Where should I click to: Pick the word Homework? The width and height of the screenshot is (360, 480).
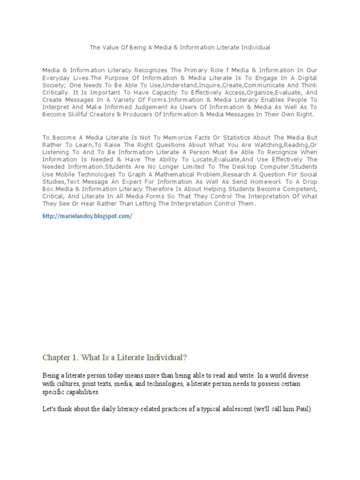pos(272,182)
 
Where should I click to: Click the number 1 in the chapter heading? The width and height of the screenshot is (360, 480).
pos(76,358)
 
